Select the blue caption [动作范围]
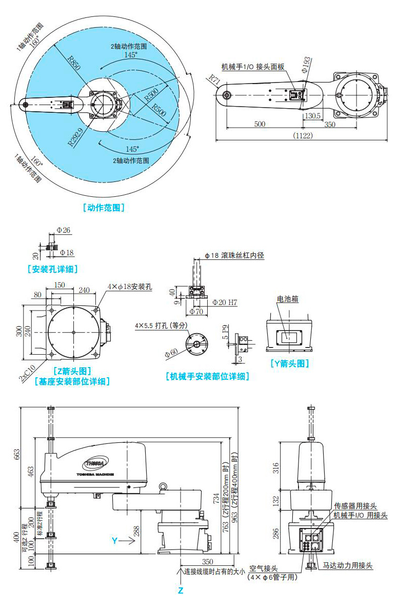click(103, 208)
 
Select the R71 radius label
click(214, 78)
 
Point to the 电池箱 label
click(288, 299)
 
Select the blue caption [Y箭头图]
click(290, 363)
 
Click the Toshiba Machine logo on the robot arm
click(98, 464)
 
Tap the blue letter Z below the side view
click(180, 590)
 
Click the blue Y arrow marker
click(119, 539)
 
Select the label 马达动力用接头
click(347, 566)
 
